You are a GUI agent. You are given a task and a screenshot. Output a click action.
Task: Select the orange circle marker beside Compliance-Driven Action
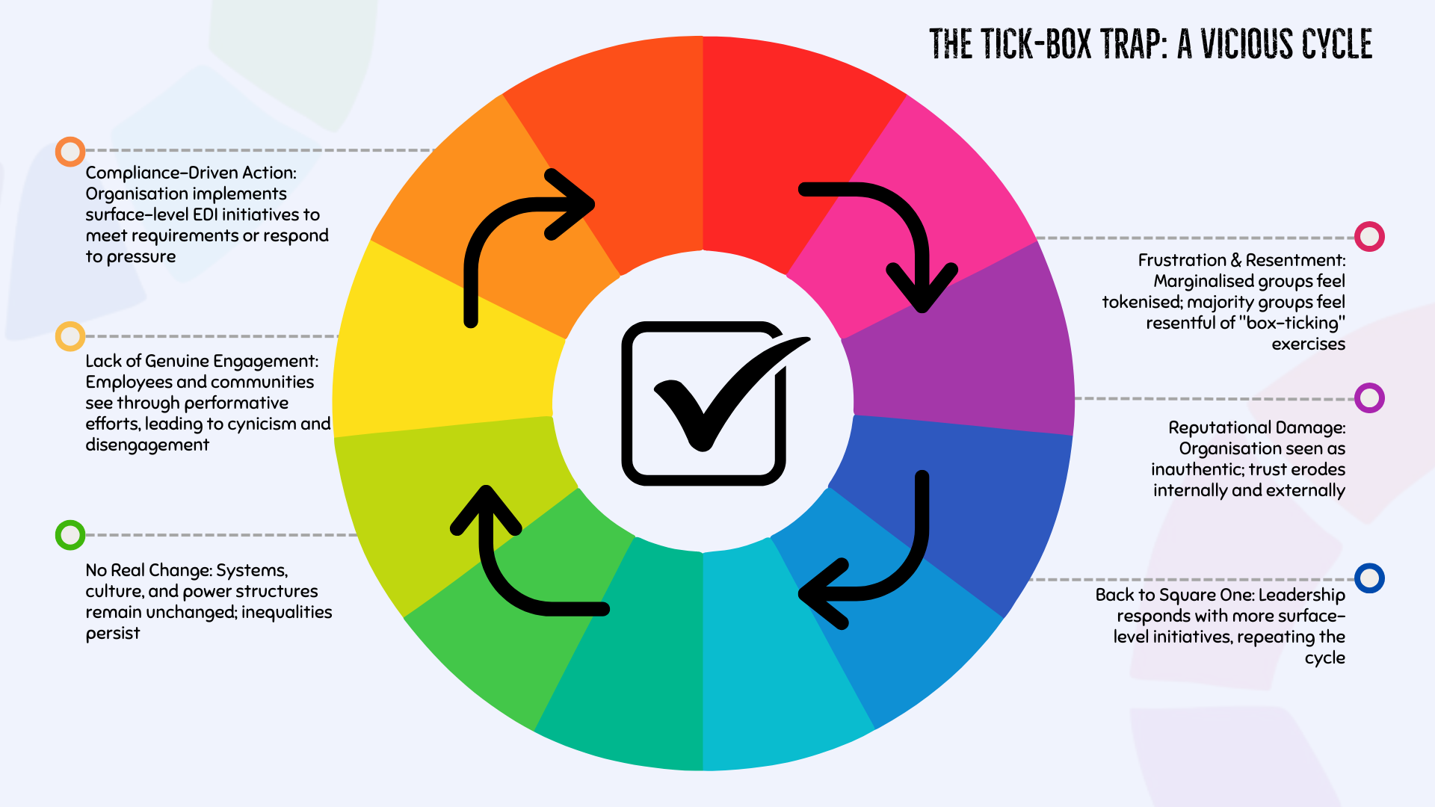coord(70,152)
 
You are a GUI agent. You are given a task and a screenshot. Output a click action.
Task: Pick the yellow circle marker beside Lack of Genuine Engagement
coord(70,336)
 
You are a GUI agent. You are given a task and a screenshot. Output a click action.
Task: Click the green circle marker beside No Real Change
coord(70,535)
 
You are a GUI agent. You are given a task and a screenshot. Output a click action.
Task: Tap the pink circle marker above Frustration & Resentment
coord(1369,237)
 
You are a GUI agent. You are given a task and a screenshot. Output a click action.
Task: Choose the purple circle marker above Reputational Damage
coord(1369,398)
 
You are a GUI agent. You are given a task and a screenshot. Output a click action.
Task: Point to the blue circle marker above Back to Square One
coord(1369,578)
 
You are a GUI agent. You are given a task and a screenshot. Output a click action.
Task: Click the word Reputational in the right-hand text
coord(1214,427)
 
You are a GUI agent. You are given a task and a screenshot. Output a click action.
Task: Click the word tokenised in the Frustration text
coord(1141,302)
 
